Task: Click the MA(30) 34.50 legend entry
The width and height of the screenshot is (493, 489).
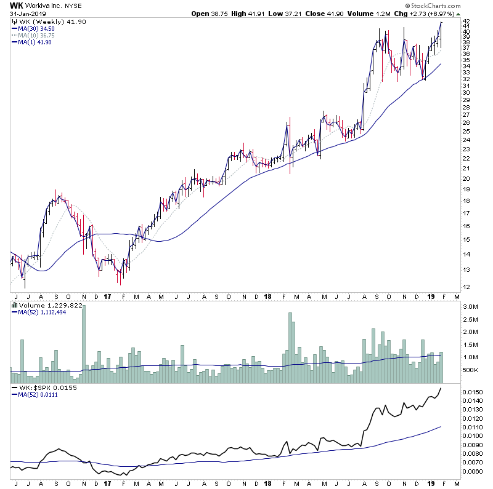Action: coord(37,28)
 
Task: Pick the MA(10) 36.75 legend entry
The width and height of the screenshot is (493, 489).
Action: coord(37,35)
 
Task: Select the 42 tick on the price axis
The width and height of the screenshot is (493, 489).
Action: coord(467,21)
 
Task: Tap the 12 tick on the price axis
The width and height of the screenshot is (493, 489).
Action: coord(467,287)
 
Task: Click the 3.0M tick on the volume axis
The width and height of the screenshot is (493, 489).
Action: coord(470,306)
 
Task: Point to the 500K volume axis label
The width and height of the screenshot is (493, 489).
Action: coord(470,370)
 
